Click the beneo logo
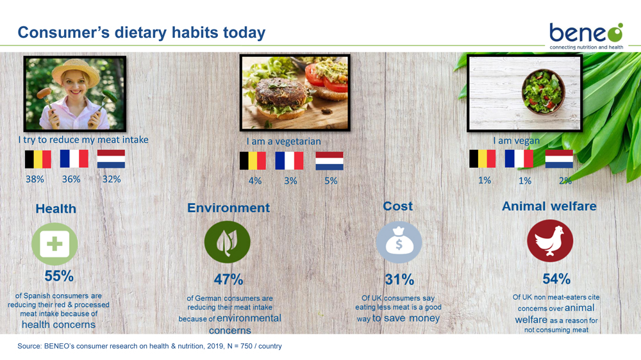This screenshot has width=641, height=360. coord(587,36)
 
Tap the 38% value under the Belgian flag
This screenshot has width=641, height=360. coord(35,179)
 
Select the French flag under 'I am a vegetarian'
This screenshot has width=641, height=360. coord(289,161)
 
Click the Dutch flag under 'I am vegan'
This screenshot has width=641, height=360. coord(559,159)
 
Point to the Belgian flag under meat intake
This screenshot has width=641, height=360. coord(38,160)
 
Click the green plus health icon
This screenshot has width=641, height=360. coord(54,244)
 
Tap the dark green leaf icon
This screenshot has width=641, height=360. coord(228,242)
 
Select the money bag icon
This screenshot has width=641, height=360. coord(399,242)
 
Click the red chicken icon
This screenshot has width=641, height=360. coord(550,241)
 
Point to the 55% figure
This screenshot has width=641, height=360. coord(59,276)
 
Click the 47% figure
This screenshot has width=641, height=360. coord(228,279)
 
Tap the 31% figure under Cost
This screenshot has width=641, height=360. coord(399,280)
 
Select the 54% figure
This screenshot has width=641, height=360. coord(556,279)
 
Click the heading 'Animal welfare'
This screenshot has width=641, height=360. coord(549,206)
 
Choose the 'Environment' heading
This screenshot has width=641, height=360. coord(229,208)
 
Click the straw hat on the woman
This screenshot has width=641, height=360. coord(75,70)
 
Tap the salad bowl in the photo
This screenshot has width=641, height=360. coord(544,92)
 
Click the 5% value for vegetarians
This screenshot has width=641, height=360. coord(331,181)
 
